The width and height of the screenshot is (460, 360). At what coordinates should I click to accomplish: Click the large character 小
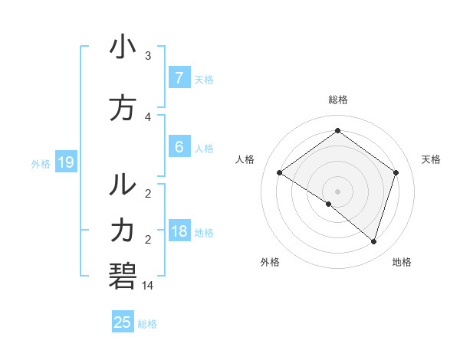(x=123, y=47)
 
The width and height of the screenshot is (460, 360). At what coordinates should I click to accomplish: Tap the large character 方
(x=123, y=109)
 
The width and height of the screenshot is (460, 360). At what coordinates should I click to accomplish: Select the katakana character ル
(x=123, y=184)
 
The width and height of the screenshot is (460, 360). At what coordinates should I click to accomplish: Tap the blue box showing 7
(x=179, y=77)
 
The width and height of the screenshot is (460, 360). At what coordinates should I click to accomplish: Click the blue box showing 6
(x=179, y=148)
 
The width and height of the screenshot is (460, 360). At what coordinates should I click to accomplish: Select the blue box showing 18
(x=179, y=232)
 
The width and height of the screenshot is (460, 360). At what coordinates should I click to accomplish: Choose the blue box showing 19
(x=65, y=162)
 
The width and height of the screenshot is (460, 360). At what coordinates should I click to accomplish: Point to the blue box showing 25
(x=123, y=322)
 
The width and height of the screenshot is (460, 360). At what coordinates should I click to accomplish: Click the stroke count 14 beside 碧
(x=148, y=286)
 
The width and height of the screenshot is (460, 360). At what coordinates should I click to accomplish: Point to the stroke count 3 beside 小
(x=148, y=56)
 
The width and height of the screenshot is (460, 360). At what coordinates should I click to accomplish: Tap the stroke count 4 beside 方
(x=148, y=117)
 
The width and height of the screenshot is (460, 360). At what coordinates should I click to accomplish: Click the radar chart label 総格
(x=337, y=100)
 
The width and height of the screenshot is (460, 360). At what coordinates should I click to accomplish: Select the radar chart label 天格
(x=431, y=159)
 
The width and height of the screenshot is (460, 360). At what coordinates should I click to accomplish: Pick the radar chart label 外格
(x=270, y=262)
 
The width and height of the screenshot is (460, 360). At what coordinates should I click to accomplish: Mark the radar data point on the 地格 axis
(x=373, y=241)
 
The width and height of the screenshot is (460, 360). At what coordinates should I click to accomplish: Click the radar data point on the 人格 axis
(x=279, y=172)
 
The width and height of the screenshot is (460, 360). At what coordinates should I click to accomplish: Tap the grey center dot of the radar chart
(x=337, y=191)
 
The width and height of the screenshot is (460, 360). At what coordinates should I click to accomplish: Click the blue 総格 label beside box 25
(x=147, y=324)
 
